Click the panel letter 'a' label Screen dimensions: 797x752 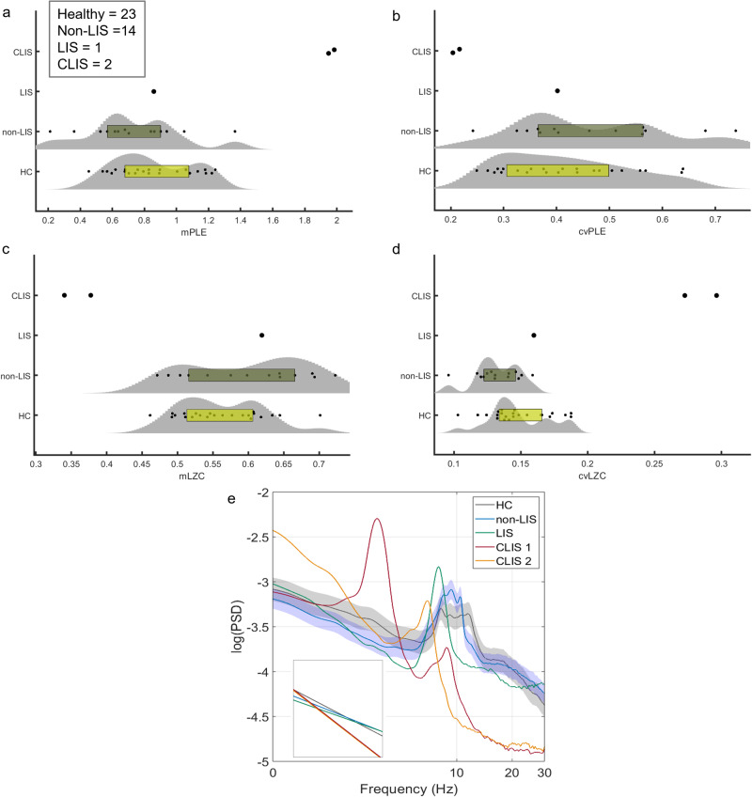(x=8, y=7)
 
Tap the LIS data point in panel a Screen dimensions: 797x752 (x=154, y=91)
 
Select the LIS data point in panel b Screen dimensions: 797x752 (x=557, y=91)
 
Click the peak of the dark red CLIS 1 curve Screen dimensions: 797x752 (x=377, y=519)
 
